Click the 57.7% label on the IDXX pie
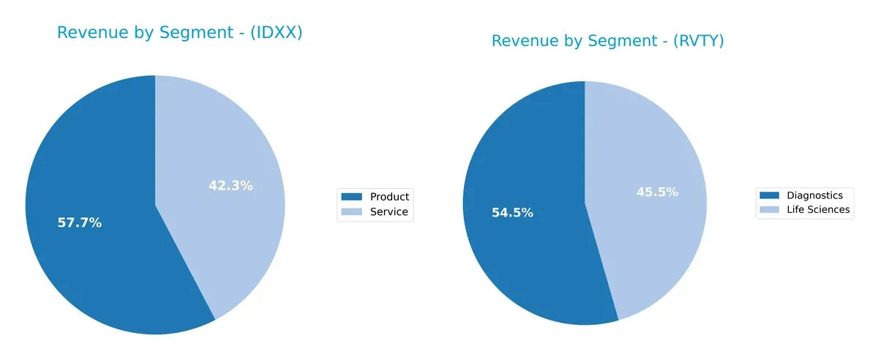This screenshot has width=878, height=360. (79, 223)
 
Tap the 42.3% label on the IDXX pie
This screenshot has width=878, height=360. (230, 186)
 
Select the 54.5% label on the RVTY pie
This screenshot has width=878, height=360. (512, 213)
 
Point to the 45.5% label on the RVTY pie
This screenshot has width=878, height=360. (656, 192)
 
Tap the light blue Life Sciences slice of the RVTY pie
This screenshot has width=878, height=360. (651, 146)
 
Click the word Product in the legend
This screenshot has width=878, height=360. (389, 197)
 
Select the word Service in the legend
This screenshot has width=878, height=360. (389, 212)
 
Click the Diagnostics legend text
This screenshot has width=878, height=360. (814, 195)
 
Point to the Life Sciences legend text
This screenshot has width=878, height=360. (818, 210)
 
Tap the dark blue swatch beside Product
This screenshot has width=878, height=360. (352, 197)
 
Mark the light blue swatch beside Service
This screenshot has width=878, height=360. (352, 212)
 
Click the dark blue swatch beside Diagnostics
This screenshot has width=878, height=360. (770, 195)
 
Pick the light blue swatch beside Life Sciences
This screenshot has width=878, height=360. (770, 210)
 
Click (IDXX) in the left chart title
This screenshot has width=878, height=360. (277, 33)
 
